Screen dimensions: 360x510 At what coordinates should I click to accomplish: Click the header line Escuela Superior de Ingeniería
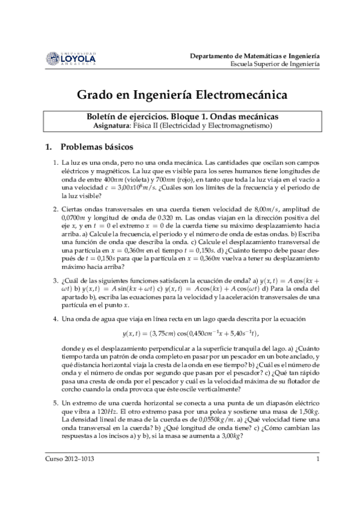(274, 63)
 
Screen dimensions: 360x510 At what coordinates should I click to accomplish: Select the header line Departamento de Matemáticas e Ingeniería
(254, 54)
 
